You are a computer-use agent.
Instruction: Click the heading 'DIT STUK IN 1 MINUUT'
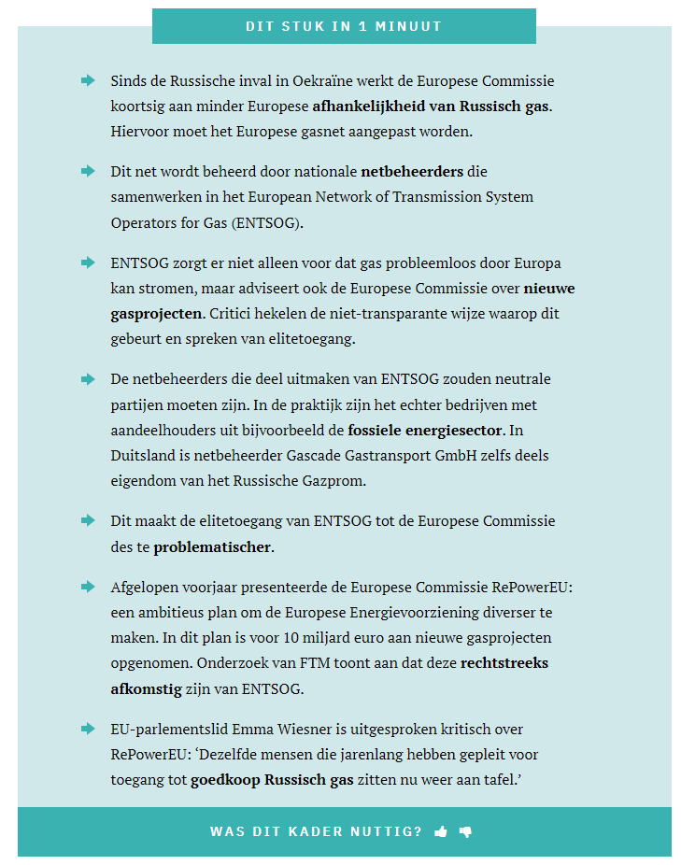click(344, 26)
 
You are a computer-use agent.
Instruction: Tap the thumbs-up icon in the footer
click(441, 831)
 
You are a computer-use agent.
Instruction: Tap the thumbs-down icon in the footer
click(465, 831)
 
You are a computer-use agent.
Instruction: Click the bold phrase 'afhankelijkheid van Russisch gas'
click(432, 106)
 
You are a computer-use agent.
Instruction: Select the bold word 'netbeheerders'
click(412, 172)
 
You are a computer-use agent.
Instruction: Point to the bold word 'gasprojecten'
click(156, 313)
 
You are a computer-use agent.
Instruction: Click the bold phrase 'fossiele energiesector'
click(425, 431)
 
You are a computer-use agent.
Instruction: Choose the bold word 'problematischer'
click(213, 546)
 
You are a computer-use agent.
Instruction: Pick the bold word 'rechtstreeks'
click(504, 663)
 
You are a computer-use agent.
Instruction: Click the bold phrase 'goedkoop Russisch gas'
click(272, 779)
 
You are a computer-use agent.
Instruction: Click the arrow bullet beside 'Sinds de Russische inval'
click(88, 80)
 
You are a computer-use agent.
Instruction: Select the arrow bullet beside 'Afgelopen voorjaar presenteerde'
click(88, 587)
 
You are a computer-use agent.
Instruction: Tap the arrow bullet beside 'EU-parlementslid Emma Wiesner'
click(88, 728)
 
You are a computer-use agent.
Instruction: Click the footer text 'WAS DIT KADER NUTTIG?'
click(316, 831)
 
